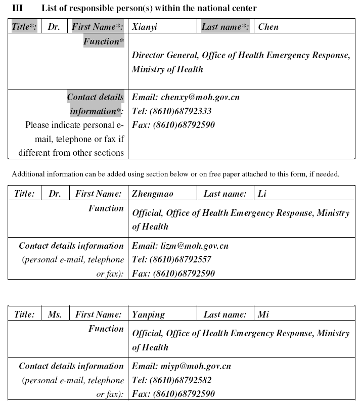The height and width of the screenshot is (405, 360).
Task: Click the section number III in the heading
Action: point(17,8)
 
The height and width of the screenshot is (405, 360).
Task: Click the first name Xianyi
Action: point(145,27)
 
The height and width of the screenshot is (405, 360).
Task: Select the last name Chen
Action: point(268,27)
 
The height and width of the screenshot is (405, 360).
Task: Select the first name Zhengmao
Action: point(152,194)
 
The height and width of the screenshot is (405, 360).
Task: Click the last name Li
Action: point(262,194)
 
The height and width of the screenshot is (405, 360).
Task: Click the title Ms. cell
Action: point(55,314)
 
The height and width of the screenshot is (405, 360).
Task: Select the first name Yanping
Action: point(148,314)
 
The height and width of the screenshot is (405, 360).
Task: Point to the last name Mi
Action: point(263,314)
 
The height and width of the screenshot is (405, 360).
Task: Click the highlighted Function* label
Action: point(104,41)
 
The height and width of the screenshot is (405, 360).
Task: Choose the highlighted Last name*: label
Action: point(225,27)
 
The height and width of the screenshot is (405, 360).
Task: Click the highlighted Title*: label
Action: point(24,27)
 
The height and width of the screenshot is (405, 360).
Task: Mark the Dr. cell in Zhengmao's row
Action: point(55,194)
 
